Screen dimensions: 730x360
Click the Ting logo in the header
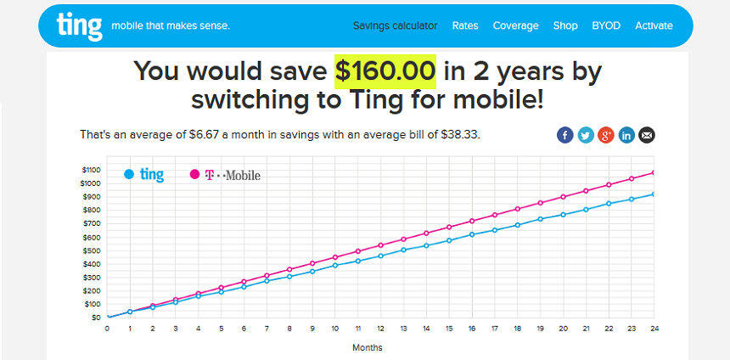tap(79, 26)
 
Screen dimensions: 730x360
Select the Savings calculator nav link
tap(396, 25)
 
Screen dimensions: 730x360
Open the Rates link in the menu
tap(465, 25)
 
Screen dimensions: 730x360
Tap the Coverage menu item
tap(516, 25)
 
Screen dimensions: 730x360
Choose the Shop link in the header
tap(565, 25)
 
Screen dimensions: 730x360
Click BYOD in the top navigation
tap(606, 25)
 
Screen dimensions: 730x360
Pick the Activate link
tap(654, 25)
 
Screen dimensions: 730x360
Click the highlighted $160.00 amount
tap(385, 71)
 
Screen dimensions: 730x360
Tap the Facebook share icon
tap(564, 135)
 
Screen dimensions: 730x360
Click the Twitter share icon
tap(585, 135)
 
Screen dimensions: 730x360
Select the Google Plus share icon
tap(606, 135)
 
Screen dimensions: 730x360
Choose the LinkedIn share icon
tap(626, 135)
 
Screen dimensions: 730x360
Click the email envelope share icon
tap(647, 135)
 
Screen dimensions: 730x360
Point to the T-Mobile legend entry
tap(225, 175)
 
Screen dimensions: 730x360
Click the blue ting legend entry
tap(143, 175)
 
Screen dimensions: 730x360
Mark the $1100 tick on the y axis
tap(90, 170)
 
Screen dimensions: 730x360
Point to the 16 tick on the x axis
tap(472, 329)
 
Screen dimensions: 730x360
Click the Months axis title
tap(368, 347)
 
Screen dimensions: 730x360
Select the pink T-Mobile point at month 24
tap(654, 172)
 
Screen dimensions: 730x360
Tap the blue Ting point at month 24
tap(654, 194)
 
